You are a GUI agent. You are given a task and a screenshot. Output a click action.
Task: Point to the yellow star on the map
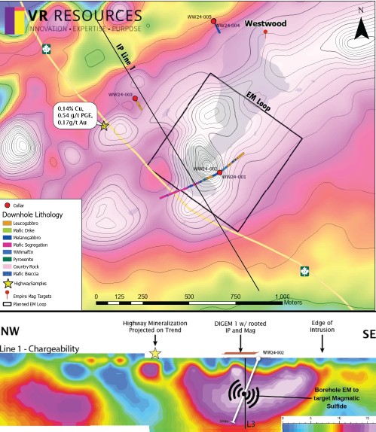[104, 126]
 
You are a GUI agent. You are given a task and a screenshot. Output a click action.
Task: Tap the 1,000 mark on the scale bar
[283, 297]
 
